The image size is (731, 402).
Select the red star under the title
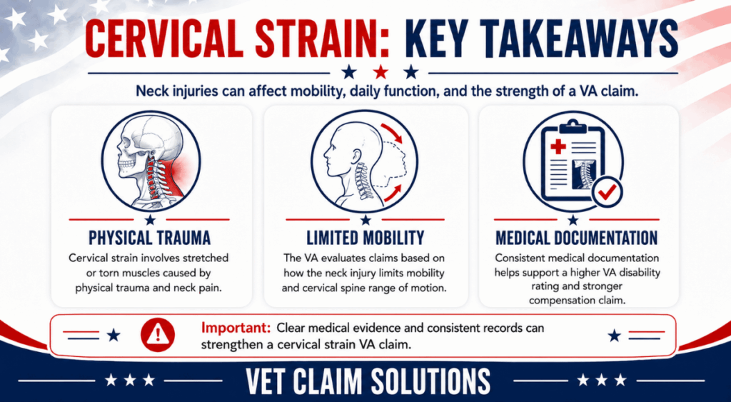point(381,72)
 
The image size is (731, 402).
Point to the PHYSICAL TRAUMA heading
point(150,238)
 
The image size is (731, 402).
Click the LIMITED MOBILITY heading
point(365,238)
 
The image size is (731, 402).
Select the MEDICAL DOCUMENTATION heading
point(576,238)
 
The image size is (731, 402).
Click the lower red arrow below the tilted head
point(392,193)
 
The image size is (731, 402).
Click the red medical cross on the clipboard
point(558,147)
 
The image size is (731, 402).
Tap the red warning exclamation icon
point(158,335)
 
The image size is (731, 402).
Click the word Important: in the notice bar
point(236,328)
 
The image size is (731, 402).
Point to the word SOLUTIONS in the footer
point(428,381)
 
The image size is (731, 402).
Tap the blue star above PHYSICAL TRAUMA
point(150,219)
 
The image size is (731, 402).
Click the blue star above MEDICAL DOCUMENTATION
point(573,219)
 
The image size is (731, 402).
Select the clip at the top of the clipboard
point(573,126)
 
